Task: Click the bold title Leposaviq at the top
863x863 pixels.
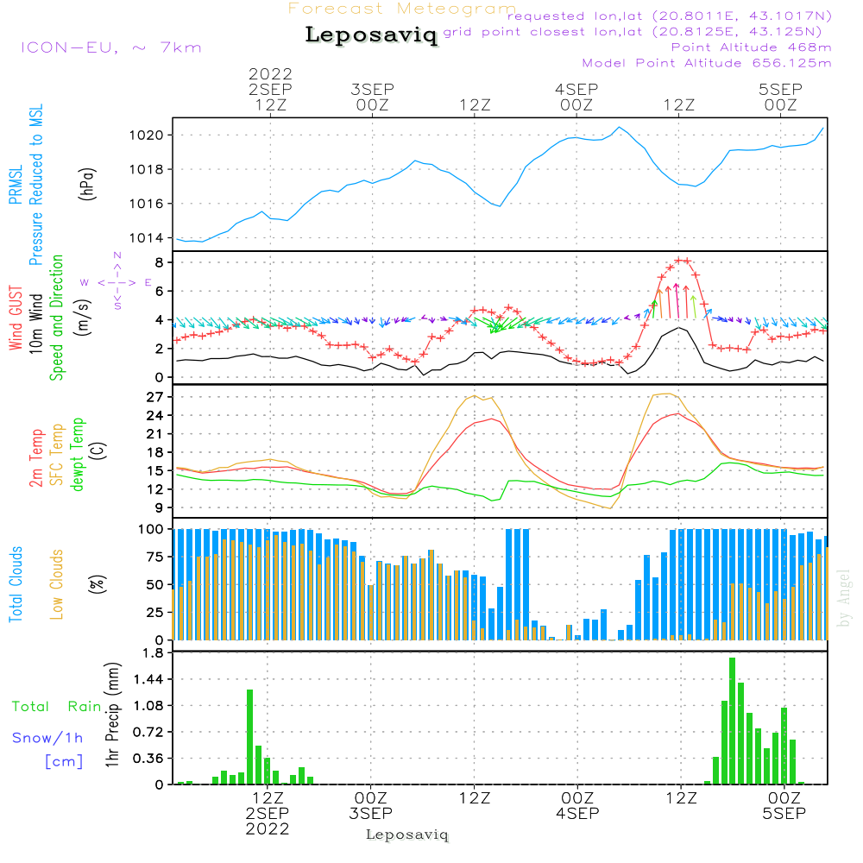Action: tap(371, 36)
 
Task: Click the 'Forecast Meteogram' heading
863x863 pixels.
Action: tap(402, 9)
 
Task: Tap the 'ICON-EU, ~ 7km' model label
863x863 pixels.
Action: tap(110, 47)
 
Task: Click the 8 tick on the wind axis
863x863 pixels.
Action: tap(161, 261)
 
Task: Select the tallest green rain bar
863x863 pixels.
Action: tap(732, 721)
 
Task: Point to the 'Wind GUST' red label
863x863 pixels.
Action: tap(16, 320)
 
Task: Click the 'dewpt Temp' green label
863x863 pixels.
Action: tap(79, 455)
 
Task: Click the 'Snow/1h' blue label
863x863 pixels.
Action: tap(47, 738)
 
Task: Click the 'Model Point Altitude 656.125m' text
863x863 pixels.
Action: tap(707, 63)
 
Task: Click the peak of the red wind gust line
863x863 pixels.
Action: tap(682, 260)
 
